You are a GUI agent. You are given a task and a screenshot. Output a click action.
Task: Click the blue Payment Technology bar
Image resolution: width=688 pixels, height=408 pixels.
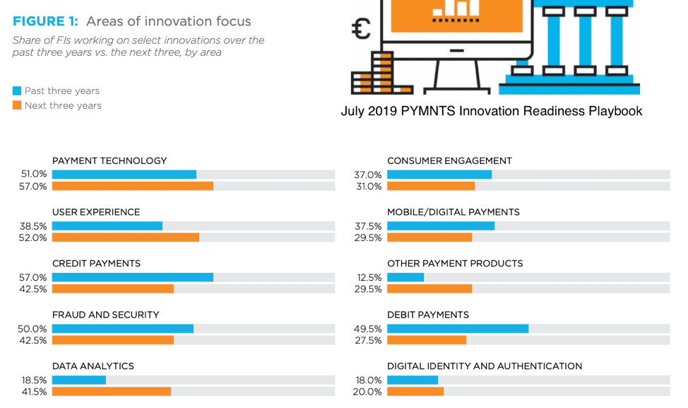click(x=124, y=175)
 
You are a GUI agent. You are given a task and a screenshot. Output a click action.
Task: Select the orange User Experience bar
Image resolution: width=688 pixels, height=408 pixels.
click(x=126, y=238)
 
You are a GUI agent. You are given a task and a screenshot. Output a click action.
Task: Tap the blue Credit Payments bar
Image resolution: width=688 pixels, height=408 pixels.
click(x=133, y=277)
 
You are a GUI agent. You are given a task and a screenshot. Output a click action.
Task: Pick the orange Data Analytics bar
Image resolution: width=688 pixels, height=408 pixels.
click(x=112, y=392)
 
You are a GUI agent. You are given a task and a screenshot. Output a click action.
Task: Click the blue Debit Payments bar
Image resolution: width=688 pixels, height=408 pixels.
click(x=458, y=329)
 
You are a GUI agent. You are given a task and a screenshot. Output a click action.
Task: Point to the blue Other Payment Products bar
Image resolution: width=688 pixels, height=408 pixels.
click(x=405, y=277)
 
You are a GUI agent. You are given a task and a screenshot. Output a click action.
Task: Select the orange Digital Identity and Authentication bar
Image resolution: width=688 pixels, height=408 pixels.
click(x=415, y=392)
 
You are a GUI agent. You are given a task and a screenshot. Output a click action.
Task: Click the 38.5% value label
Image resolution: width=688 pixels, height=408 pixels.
click(x=33, y=226)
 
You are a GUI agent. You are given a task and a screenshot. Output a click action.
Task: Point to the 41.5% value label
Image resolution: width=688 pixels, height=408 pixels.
click(x=33, y=392)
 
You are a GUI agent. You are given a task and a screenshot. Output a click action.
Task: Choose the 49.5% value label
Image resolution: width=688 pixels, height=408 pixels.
click(x=368, y=329)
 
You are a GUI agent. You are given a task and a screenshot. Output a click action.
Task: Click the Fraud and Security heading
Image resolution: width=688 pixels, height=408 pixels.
click(x=106, y=315)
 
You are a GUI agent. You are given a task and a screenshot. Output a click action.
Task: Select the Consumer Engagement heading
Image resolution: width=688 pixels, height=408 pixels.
click(x=449, y=161)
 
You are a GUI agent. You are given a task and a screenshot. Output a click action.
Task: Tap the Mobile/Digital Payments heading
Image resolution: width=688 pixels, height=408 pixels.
click(x=453, y=212)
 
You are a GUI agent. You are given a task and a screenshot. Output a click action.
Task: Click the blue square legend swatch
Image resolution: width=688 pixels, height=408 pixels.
click(x=17, y=91)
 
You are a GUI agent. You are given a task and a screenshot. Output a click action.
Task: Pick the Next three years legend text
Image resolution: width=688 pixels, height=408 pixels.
click(x=63, y=105)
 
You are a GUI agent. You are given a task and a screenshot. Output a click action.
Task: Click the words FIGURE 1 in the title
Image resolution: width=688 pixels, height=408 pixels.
click(x=45, y=21)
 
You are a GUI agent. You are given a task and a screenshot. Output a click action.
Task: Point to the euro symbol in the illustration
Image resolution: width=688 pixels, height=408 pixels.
click(x=362, y=29)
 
